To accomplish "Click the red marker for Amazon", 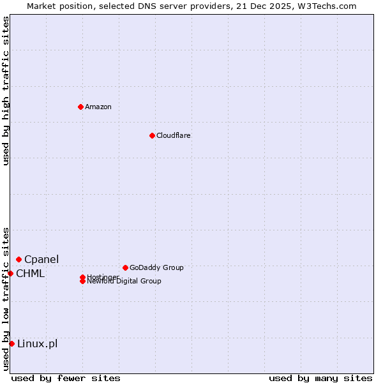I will [80, 107].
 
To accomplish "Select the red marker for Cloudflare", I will [152, 135].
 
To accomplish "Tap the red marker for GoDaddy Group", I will [125, 267].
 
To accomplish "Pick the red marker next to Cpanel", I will [19, 259].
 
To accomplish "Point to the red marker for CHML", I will [11, 273].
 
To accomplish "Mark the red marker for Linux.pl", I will [12, 344].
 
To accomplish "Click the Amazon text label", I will [98, 107].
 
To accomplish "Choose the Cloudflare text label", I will [173, 135].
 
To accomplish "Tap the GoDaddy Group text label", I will [156, 267].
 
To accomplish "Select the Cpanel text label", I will [41, 259].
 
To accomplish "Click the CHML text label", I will [31, 274].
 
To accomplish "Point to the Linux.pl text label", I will [37, 344].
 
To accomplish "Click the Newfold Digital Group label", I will [124, 282].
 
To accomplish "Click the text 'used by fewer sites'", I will [66, 378].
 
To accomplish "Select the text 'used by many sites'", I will [320, 378].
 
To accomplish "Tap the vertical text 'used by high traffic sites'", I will [6, 91].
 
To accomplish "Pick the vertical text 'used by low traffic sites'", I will [6, 299].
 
